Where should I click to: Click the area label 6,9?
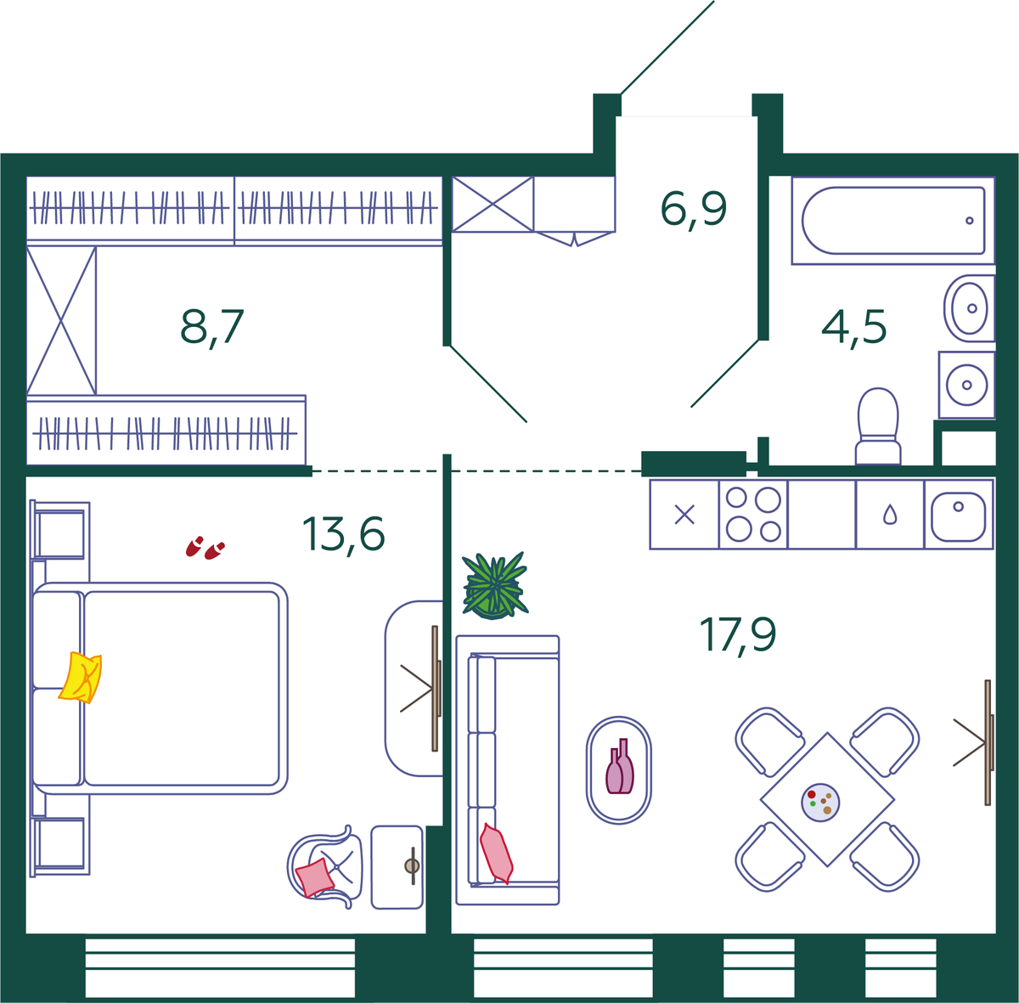point(693,210)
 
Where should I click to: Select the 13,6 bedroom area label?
point(343,533)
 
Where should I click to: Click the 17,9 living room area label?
point(738,635)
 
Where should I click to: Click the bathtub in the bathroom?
point(893,221)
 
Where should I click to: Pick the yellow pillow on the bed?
point(81,677)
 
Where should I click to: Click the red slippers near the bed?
point(205,548)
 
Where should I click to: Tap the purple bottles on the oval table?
point(620,766)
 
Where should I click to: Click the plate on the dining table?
point(820,803)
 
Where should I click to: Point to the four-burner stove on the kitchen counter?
point(753,514)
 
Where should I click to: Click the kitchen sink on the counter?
point(958,514)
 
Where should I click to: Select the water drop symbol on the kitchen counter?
point(890,514)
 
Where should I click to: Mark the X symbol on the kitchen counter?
point(684,515)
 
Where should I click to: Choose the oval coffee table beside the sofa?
point(619,769)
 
